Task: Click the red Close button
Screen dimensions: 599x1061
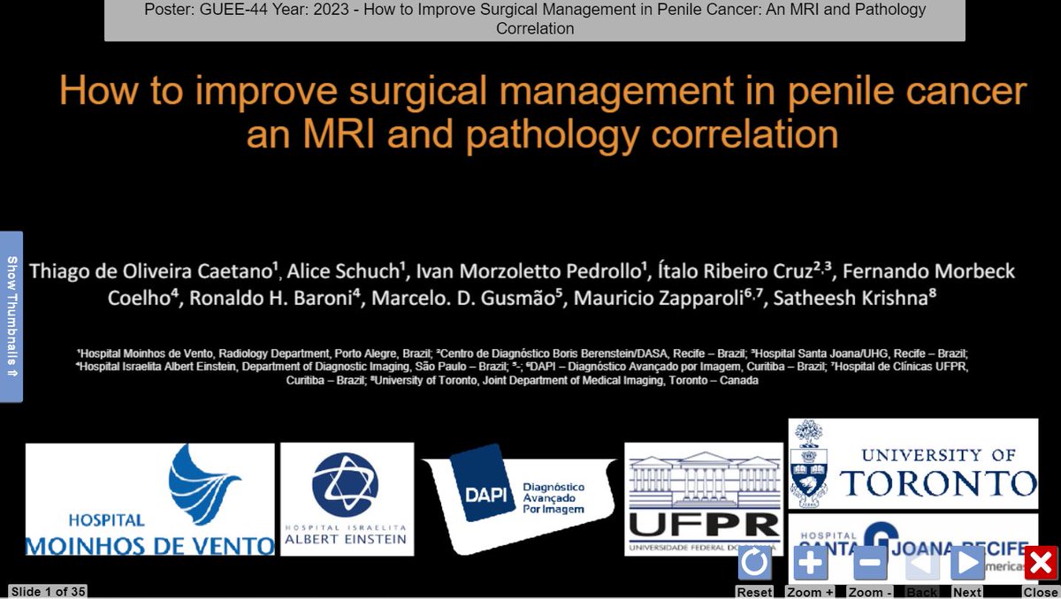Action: tap(1041, 563)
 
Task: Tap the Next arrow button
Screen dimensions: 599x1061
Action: tap(967, 563)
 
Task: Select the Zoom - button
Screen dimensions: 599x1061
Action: tap(870, 563)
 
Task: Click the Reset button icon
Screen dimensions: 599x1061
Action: tap(754, 563)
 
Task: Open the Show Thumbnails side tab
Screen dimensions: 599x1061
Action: tap(11, 316)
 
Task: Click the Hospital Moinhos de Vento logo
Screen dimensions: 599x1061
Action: tap(149, 499)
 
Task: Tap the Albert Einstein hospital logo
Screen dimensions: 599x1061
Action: tap(347, 499)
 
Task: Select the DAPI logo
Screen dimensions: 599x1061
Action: tap(517, 496)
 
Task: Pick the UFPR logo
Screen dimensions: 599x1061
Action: tap(704, 499)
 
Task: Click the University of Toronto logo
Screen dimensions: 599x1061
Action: tap(912, 464)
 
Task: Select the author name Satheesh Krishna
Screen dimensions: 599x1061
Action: tap(852, 299)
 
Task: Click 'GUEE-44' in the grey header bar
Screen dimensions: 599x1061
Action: tap(233, 11)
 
